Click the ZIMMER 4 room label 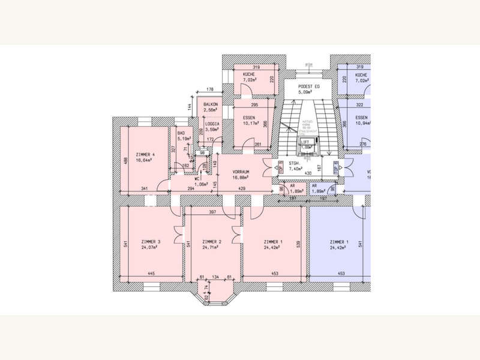145,155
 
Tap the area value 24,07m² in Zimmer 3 144,247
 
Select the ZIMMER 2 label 212,241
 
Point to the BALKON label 210,104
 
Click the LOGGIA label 212,123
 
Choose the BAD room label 181,133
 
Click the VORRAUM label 241,172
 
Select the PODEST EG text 309,87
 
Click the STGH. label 294,163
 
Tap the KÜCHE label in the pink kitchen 248,74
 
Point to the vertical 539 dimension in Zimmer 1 298,245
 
